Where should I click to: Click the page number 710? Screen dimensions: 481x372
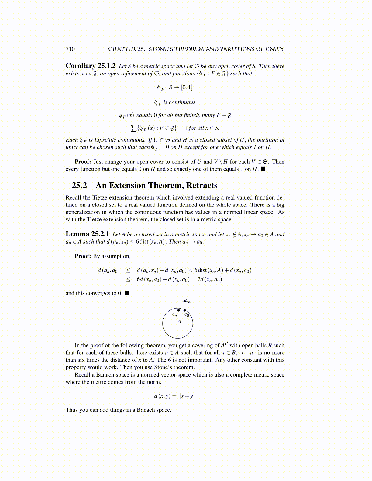pos(70,49)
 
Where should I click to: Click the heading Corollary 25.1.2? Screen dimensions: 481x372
pos(91,66)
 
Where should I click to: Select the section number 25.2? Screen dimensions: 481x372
pos(79,185)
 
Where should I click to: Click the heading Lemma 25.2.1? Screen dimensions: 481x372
pos(87,234)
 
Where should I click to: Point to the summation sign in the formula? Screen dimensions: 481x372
pos(133,128)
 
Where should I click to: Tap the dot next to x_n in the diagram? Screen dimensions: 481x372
pos(184,301)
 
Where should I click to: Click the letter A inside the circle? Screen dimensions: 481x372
pos(179,321)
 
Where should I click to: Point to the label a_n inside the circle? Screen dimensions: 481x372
pos(174,315)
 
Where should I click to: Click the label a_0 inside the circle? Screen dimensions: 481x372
pos(186,315)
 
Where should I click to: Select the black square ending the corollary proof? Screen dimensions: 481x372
pos(263,169)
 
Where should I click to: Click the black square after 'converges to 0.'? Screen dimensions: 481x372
pos(127,293)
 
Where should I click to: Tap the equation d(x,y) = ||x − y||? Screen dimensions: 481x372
pos(175,396)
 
